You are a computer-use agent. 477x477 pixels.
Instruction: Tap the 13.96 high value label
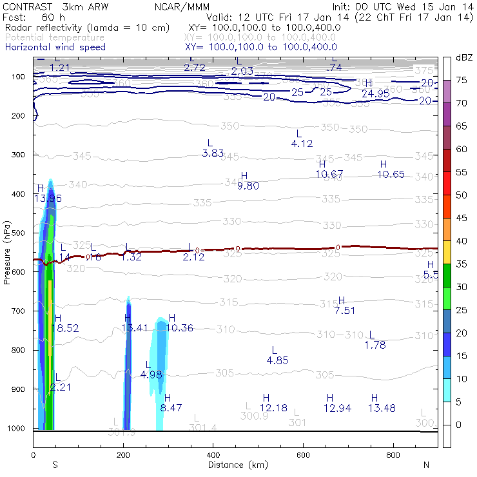[48, 198]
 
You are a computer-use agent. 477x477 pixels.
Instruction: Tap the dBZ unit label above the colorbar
[463, 58]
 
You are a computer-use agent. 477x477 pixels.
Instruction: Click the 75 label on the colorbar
[462, 80]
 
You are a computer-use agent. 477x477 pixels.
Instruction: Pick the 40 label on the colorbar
[462, 240]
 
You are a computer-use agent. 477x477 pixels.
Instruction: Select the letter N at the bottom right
[426, 464]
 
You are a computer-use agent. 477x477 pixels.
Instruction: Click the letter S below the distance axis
[55, 464]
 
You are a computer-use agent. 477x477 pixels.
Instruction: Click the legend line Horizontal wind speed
[55, 47]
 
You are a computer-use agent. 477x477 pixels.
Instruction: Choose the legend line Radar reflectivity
[86, 28]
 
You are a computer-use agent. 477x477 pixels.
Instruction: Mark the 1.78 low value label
[375, 345]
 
